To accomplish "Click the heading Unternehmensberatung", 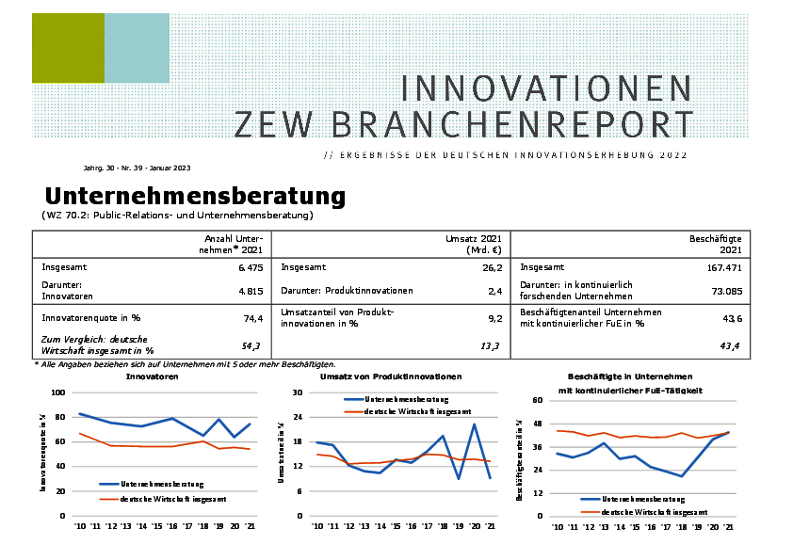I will pos(195,197).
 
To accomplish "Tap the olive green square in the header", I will pos(68,48).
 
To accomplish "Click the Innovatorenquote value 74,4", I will pos(251,318).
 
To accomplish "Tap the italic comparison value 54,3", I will pos(251,346).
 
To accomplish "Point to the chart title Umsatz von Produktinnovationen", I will pos(391,376).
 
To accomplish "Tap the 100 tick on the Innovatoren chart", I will pos(58,392).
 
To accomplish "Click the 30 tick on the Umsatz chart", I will pos(298,392).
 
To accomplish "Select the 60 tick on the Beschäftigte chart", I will pos(539,400).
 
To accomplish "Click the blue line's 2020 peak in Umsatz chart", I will pos(473,424).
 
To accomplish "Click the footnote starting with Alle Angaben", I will pos(185,364).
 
